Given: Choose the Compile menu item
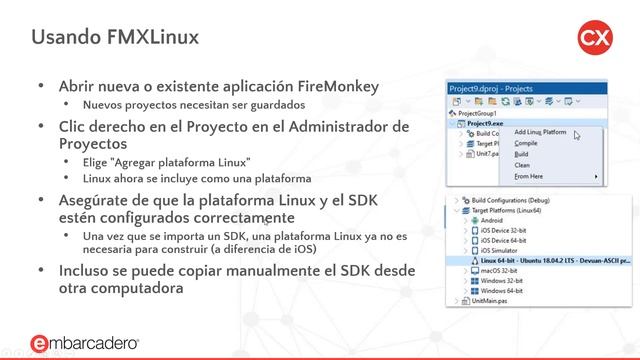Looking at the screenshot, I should click(526, 144).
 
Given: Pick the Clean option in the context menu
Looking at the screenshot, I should click(522, 166).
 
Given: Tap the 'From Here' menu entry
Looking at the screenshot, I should click(530, 177).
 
